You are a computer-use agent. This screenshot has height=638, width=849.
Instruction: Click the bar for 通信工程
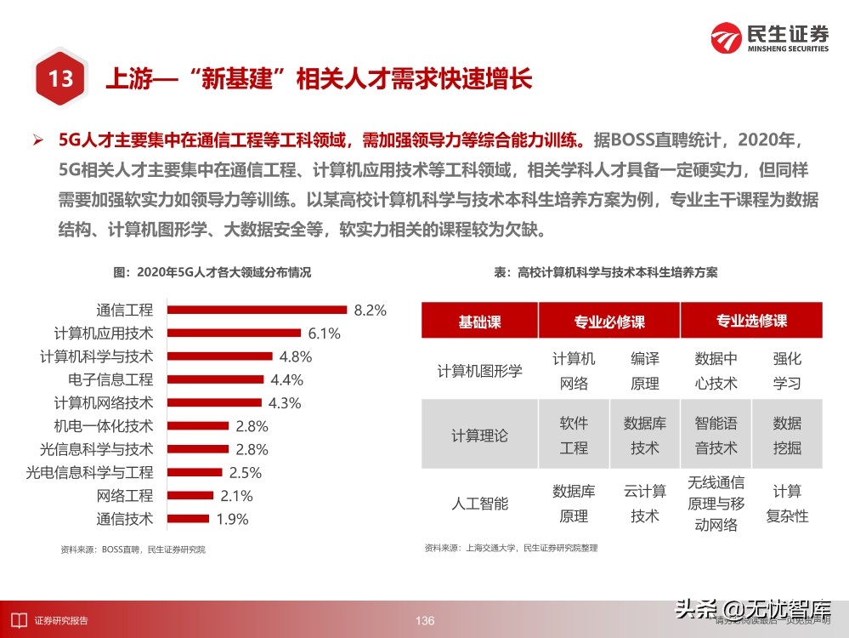pos(257,310)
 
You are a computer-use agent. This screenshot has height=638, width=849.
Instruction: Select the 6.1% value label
pos(324,333)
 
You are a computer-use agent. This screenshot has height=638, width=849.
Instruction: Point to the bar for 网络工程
pos(190,495)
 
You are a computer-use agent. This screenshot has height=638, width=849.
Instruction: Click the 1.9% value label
pos(232,518)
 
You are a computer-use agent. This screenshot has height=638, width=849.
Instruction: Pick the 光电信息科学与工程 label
pos(89,472)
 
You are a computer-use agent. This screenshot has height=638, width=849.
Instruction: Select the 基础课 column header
pos(479,322)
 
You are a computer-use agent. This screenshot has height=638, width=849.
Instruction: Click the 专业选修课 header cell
pos(751,322)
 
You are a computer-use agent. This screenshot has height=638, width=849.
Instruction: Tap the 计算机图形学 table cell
pos(479,371)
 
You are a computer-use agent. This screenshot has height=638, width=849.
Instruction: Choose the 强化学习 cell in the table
pos(787,371)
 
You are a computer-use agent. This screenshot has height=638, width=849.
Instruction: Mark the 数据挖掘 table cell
pos(787,436)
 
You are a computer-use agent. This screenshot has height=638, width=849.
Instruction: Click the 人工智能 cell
pos(479,503)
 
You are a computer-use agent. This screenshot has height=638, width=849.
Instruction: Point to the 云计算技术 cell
pos(644,503)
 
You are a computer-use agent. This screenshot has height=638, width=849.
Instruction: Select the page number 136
pos(425,621)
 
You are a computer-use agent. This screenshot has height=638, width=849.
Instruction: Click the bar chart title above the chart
pos(212,272)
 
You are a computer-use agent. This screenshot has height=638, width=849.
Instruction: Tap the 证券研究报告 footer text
pos(61,621)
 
